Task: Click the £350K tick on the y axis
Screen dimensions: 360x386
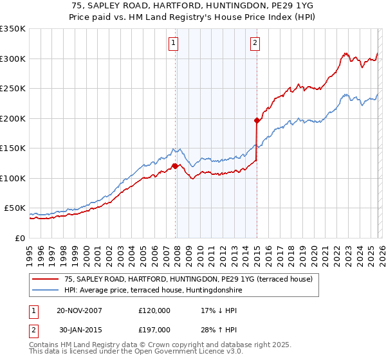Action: (x=13, y=29)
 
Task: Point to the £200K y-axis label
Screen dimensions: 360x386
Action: (x=13, y=118)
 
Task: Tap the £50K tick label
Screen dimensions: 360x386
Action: (x=15, y=208)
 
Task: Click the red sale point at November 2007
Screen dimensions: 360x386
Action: (x=175, y=166)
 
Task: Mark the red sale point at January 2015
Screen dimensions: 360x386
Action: (x=257, y=120)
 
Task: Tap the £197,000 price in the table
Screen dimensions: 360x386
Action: (x=154, y=330)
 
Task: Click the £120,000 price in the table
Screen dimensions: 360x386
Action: (x=154, y=310)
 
